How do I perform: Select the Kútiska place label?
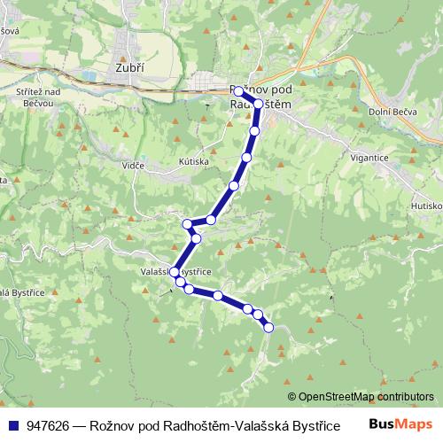(x=192, y=162)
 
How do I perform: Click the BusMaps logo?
(x=400, y=424)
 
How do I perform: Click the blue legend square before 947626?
(x=13, y=425)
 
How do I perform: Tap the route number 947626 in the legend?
(x=50, y=425)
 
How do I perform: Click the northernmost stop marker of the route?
(x=238, y=91)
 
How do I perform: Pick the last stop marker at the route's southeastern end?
(x=268, y=328)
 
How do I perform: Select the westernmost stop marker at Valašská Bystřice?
(x=175, y=272)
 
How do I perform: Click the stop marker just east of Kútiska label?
(x=234, y=185)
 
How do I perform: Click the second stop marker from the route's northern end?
(x=258, y=104)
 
